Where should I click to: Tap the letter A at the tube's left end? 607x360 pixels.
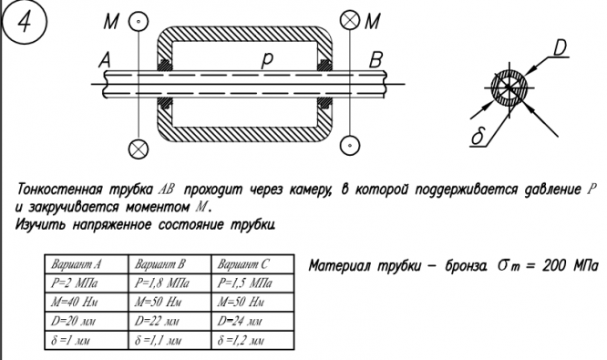105,61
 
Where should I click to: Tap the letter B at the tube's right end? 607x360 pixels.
376,60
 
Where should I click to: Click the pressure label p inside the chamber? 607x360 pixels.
267,61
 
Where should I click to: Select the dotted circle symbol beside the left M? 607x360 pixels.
138,21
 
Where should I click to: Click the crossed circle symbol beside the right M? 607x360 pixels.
350,20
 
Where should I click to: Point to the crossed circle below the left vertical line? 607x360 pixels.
139,149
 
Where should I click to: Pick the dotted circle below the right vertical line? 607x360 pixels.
350,146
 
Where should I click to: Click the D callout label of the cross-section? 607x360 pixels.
560,49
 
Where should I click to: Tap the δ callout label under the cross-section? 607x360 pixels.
478,137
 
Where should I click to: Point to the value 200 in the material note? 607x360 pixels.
554,266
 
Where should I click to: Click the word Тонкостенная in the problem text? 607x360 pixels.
60,190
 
